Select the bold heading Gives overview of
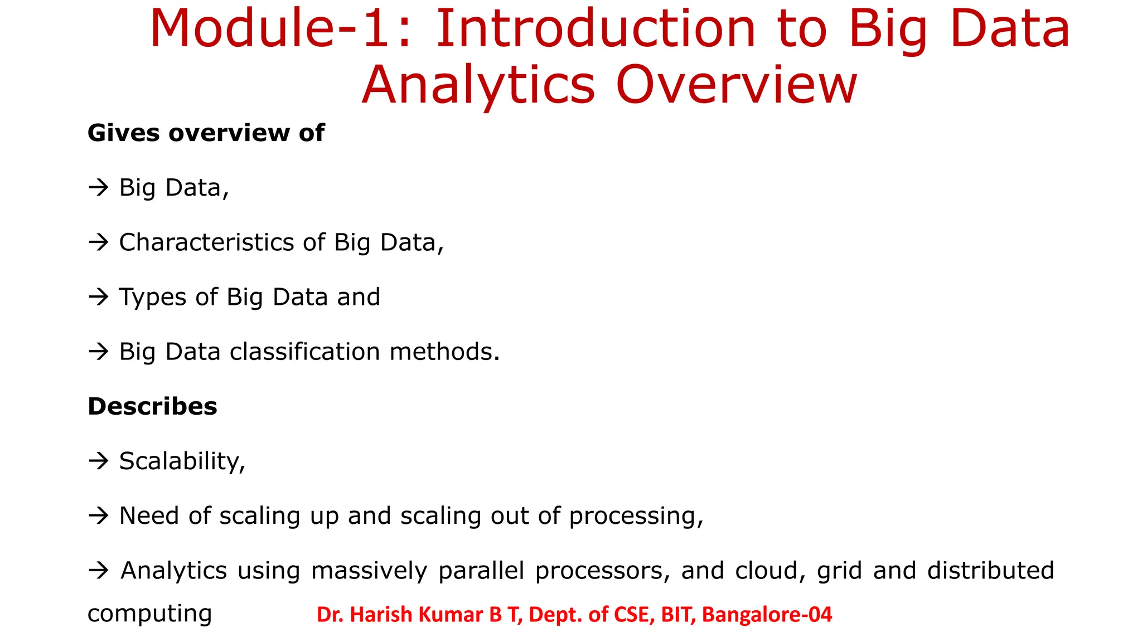coord(206,133)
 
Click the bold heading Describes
coord(152,406)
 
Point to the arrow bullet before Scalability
coord(99,461)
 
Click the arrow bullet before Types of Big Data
coord(99,297)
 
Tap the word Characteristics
coord(206,242)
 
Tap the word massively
coord(369,571)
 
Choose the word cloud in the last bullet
coord(770,571)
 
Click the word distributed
coord(990,571)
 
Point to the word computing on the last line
coord(149,614)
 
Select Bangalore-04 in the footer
coord(767,615)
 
